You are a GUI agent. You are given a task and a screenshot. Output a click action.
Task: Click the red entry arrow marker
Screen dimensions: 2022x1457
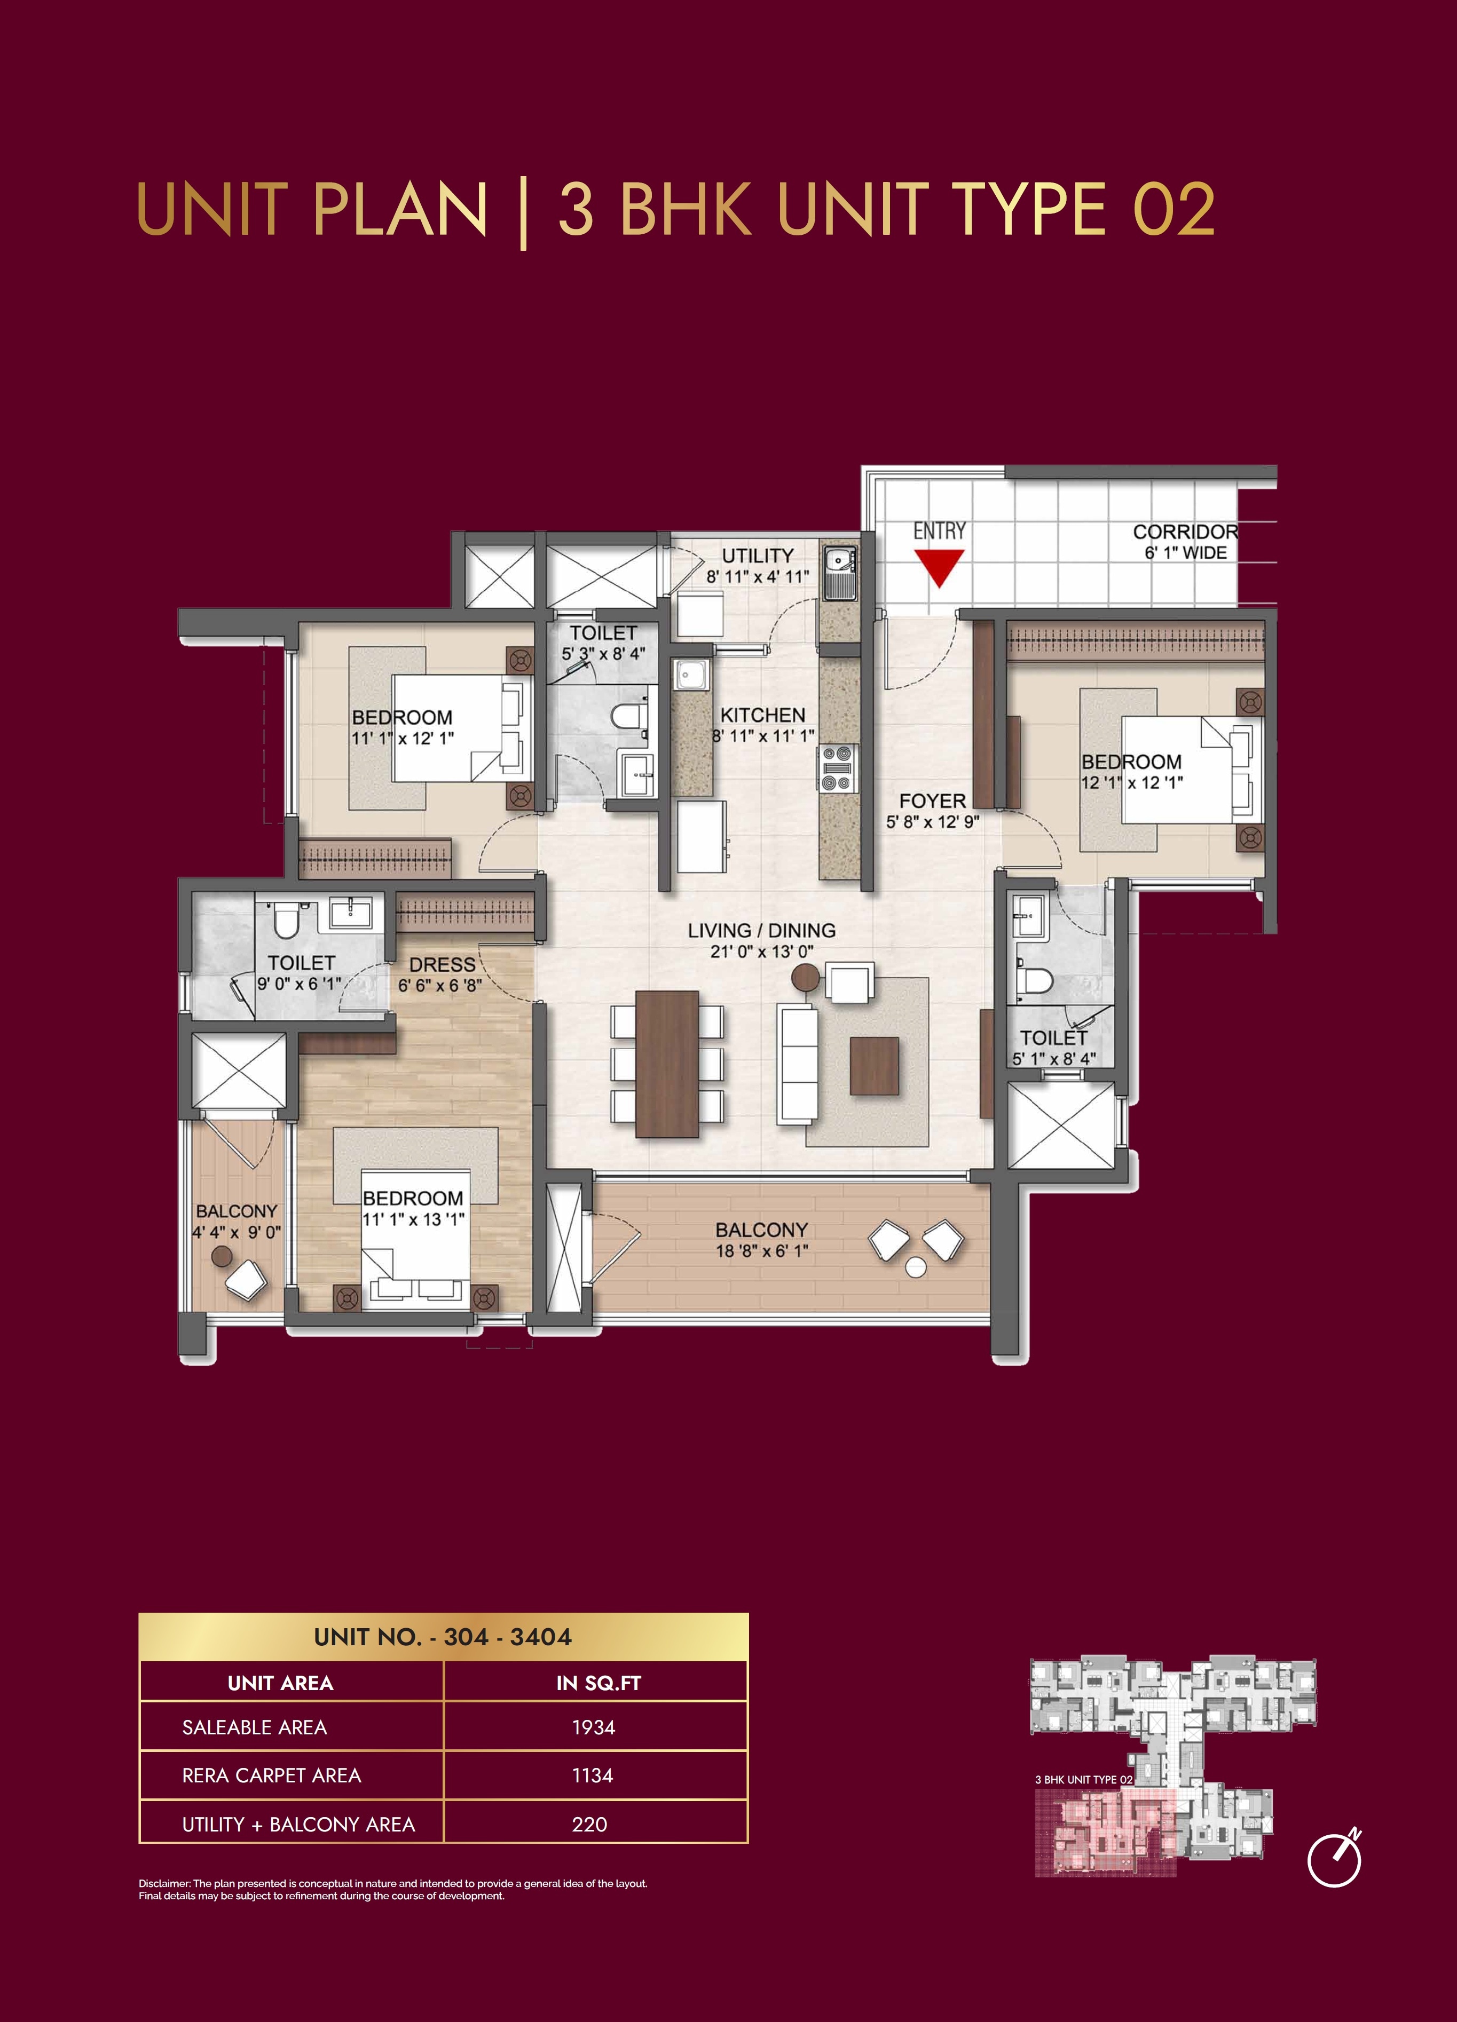[x=939, y=568]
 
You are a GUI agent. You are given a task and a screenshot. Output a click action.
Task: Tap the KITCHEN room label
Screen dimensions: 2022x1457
[x=762, y=715]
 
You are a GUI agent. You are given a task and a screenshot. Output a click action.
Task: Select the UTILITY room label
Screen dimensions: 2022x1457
[x=757, y=556]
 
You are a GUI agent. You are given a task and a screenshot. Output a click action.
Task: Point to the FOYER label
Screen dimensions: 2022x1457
[x=932, y=800]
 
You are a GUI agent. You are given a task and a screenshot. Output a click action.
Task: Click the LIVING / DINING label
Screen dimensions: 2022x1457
[x=761, y=930]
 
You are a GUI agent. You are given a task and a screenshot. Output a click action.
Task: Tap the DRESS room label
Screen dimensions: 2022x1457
[x=442, y=965]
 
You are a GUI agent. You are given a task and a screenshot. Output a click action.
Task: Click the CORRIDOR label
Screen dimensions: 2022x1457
[x=1185, y=532]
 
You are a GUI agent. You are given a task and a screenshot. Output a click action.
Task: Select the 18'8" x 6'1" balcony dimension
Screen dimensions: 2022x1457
[x=761, y=1251]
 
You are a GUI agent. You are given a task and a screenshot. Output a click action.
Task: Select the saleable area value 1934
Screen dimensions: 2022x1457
[x=594, y=1728]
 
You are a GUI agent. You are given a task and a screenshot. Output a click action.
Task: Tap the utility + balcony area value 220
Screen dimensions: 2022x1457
[x=589, y=1825]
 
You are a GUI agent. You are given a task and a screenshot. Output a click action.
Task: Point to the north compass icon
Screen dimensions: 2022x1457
[x=1335, y=1858]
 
